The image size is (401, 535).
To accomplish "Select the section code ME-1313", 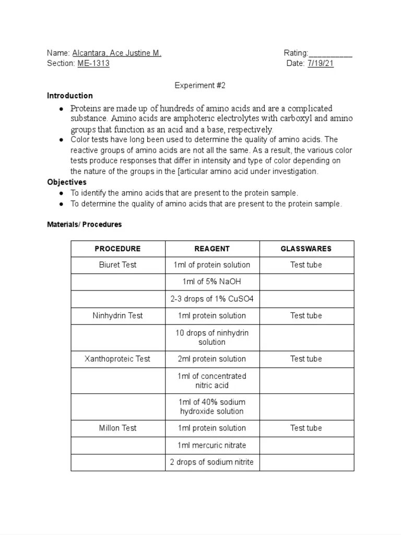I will (x=93, y=63).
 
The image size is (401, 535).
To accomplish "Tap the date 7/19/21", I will (x=321, y=63).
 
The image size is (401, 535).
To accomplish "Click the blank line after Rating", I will (x=331, y=53).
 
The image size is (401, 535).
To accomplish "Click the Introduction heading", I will (x=70, y=96).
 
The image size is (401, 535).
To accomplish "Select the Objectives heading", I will (x=67, y=182).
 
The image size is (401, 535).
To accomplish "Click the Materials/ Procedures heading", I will (x=84, y=224).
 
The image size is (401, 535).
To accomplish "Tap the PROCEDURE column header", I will (x=118, y=249).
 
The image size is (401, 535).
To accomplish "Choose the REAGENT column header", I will (x=212, y=249).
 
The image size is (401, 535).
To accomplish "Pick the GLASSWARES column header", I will (x=306, y=249).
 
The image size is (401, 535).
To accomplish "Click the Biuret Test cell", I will (x=118, y=265).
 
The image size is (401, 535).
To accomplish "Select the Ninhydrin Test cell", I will (x=118, y=316).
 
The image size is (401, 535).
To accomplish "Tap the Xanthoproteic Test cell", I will (x=118, y=359).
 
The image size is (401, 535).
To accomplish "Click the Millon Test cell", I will (x=118, y=428).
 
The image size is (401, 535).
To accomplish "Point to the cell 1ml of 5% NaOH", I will (x=212, y=282).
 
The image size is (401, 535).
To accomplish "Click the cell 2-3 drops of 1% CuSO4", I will (x=212, y=299).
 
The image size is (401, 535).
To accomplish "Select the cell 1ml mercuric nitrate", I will (x=212, y=445).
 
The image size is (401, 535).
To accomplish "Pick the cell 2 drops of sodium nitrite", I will (x=212, y=462).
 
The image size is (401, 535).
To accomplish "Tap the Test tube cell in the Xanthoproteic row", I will (x=306, y=359).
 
